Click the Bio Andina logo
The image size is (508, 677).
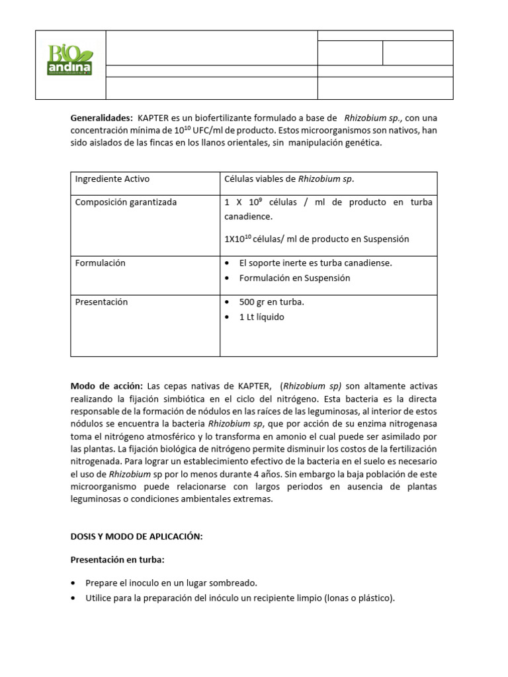70,60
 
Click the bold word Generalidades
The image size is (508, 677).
101,117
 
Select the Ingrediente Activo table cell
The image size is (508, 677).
112,179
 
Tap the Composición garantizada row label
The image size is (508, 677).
126,202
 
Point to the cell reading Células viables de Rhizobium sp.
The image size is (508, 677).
294,179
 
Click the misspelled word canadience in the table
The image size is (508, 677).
249,217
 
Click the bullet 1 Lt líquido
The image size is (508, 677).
261,317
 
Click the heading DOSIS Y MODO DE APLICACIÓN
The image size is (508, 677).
136,537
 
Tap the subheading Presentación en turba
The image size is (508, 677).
117,560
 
